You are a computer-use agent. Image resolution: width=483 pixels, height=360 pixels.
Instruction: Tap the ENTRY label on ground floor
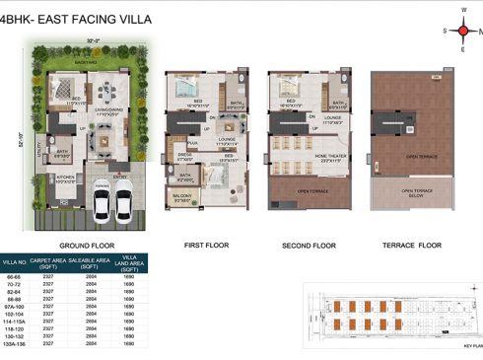(123, 177)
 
